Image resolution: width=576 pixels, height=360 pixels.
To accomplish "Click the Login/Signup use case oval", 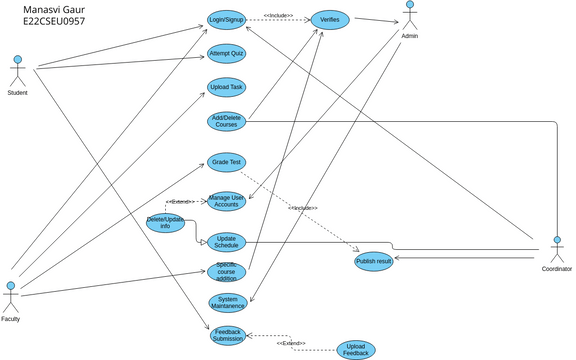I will [x=226, y=20].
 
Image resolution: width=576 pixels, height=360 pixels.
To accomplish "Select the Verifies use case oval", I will [x=329, y=20].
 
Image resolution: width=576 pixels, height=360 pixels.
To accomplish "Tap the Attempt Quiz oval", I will [x=226, y=54].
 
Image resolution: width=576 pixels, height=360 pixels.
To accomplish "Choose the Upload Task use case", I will [x=226, y=87].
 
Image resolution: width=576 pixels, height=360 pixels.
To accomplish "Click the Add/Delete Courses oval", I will [x=226, y=121].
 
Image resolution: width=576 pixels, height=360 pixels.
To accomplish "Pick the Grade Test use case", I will [x=226, y=161].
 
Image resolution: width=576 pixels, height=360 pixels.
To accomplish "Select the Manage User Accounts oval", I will [x=226, y=201].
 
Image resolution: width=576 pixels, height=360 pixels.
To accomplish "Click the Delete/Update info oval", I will [x=165, y=224].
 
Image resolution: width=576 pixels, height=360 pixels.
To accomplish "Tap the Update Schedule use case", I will [x=226, y=241].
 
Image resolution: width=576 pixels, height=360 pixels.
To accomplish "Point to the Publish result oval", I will [x=373, y=262].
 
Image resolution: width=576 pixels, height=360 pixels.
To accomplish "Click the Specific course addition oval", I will [x=226, y=271].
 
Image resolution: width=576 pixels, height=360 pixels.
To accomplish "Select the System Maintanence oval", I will [x=226, y=302].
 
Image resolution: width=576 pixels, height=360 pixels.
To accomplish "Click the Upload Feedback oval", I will [x=354, y=349].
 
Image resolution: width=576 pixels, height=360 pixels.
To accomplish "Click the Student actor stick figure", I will [x=16, y=71].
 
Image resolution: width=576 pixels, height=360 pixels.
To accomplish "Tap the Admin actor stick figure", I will [x=409, y=15].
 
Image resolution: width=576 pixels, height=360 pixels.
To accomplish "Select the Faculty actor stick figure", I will [x=11, y=297].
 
